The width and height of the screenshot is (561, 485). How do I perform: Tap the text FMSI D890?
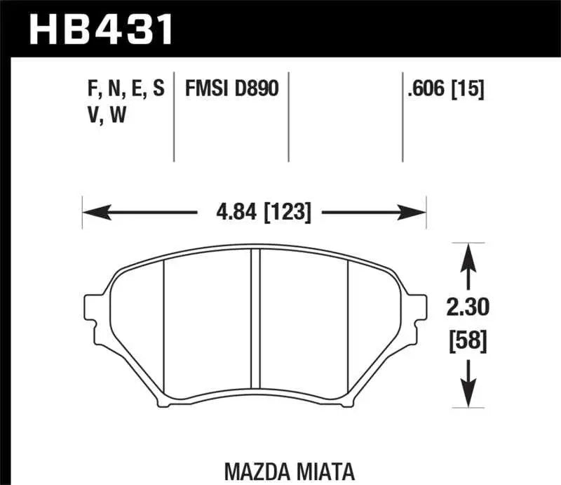coord(231,89)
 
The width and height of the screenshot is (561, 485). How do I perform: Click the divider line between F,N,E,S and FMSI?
coord(174,116)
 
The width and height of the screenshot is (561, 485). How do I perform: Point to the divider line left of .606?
coord(403,116)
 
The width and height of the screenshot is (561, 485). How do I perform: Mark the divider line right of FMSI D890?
coord(289,116)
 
